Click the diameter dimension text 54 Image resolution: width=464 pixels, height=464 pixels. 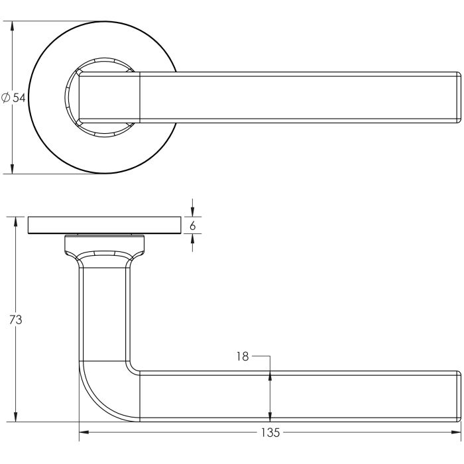pos(19,97)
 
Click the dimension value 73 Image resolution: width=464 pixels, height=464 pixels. pos(16,319)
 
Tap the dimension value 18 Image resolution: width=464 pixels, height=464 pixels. pos(242,357)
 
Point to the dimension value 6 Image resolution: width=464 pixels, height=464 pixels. pos(192,225)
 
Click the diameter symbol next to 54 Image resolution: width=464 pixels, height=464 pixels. pos(6,97)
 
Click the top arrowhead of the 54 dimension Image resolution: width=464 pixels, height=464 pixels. pos(13,25)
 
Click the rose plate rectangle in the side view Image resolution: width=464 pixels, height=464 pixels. pos(105,225)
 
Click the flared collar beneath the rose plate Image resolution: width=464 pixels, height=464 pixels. pos(105,247)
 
